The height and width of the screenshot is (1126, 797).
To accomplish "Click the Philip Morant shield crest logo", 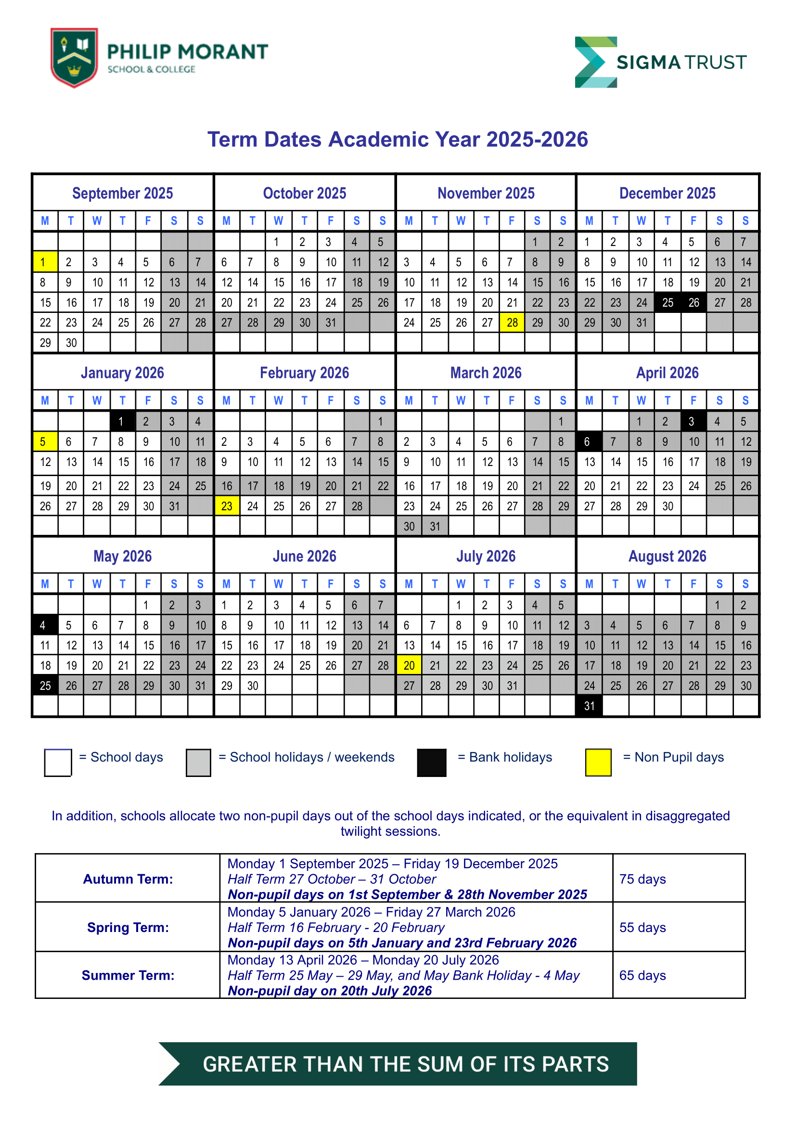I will [74, 57].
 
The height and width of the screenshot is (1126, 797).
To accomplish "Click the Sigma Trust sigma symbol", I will [595, 62].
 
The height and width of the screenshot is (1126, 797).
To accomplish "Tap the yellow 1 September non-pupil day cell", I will [45, 262].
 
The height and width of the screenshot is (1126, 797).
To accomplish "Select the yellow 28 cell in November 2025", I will [512, 323].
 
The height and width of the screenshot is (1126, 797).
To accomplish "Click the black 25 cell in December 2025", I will [668, 302].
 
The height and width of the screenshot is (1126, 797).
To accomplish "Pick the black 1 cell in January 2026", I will [122, 421].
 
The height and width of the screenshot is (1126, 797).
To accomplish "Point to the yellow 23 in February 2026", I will [227, 506].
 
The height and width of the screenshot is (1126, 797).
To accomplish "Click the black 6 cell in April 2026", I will [589, 442].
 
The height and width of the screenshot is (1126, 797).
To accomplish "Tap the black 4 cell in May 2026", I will [45, 625].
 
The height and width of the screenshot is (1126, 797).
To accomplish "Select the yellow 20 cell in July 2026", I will [409, 666].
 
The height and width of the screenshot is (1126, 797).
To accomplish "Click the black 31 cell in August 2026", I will [589, 706].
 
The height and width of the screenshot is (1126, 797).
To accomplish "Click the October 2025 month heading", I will [304, 194].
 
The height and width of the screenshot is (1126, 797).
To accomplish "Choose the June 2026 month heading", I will [304, 556].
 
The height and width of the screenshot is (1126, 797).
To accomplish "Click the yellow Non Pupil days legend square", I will [598, 762].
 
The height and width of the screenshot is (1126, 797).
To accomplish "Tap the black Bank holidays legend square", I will [431, 762].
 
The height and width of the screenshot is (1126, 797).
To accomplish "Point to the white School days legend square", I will [58, 762].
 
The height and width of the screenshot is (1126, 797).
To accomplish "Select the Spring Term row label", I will [128, 927].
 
